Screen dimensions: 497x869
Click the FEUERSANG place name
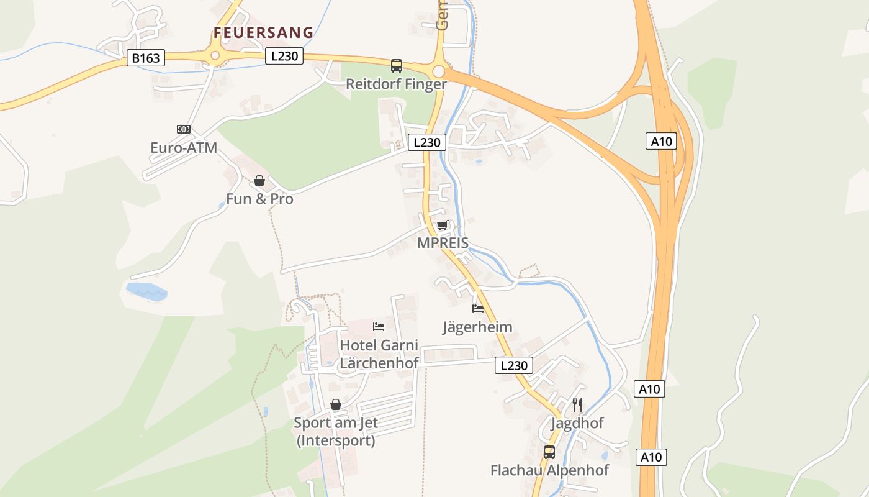click(263, 33)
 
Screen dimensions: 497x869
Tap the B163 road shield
click(146, 58)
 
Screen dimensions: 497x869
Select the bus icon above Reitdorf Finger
click(396, 65)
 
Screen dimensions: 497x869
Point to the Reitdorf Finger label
click(396, 84)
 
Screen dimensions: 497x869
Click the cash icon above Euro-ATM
click(183, 129)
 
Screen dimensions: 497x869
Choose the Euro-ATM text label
click(184, 148)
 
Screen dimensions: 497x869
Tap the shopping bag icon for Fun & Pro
click(259, 181)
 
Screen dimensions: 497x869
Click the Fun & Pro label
click(259, 199)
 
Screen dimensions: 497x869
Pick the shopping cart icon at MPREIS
click(442, 225)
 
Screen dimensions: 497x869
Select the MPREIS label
click(443, 243)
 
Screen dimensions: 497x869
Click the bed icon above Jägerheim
click(477, 308)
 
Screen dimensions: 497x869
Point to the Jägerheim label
click(477, 327)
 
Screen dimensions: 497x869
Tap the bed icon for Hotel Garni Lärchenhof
click(379, 326)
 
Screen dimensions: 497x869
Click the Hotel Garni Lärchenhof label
click(379, 354)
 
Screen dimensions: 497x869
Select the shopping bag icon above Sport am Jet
click(336, 404)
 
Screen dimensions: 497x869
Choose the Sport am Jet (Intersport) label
click(336, 432)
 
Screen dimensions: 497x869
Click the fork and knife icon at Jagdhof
click(577, 405)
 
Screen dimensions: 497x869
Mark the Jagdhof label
click(577, 424)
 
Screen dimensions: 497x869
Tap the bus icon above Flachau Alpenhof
click(549, 452)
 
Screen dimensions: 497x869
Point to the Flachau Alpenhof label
click(549, 470)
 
